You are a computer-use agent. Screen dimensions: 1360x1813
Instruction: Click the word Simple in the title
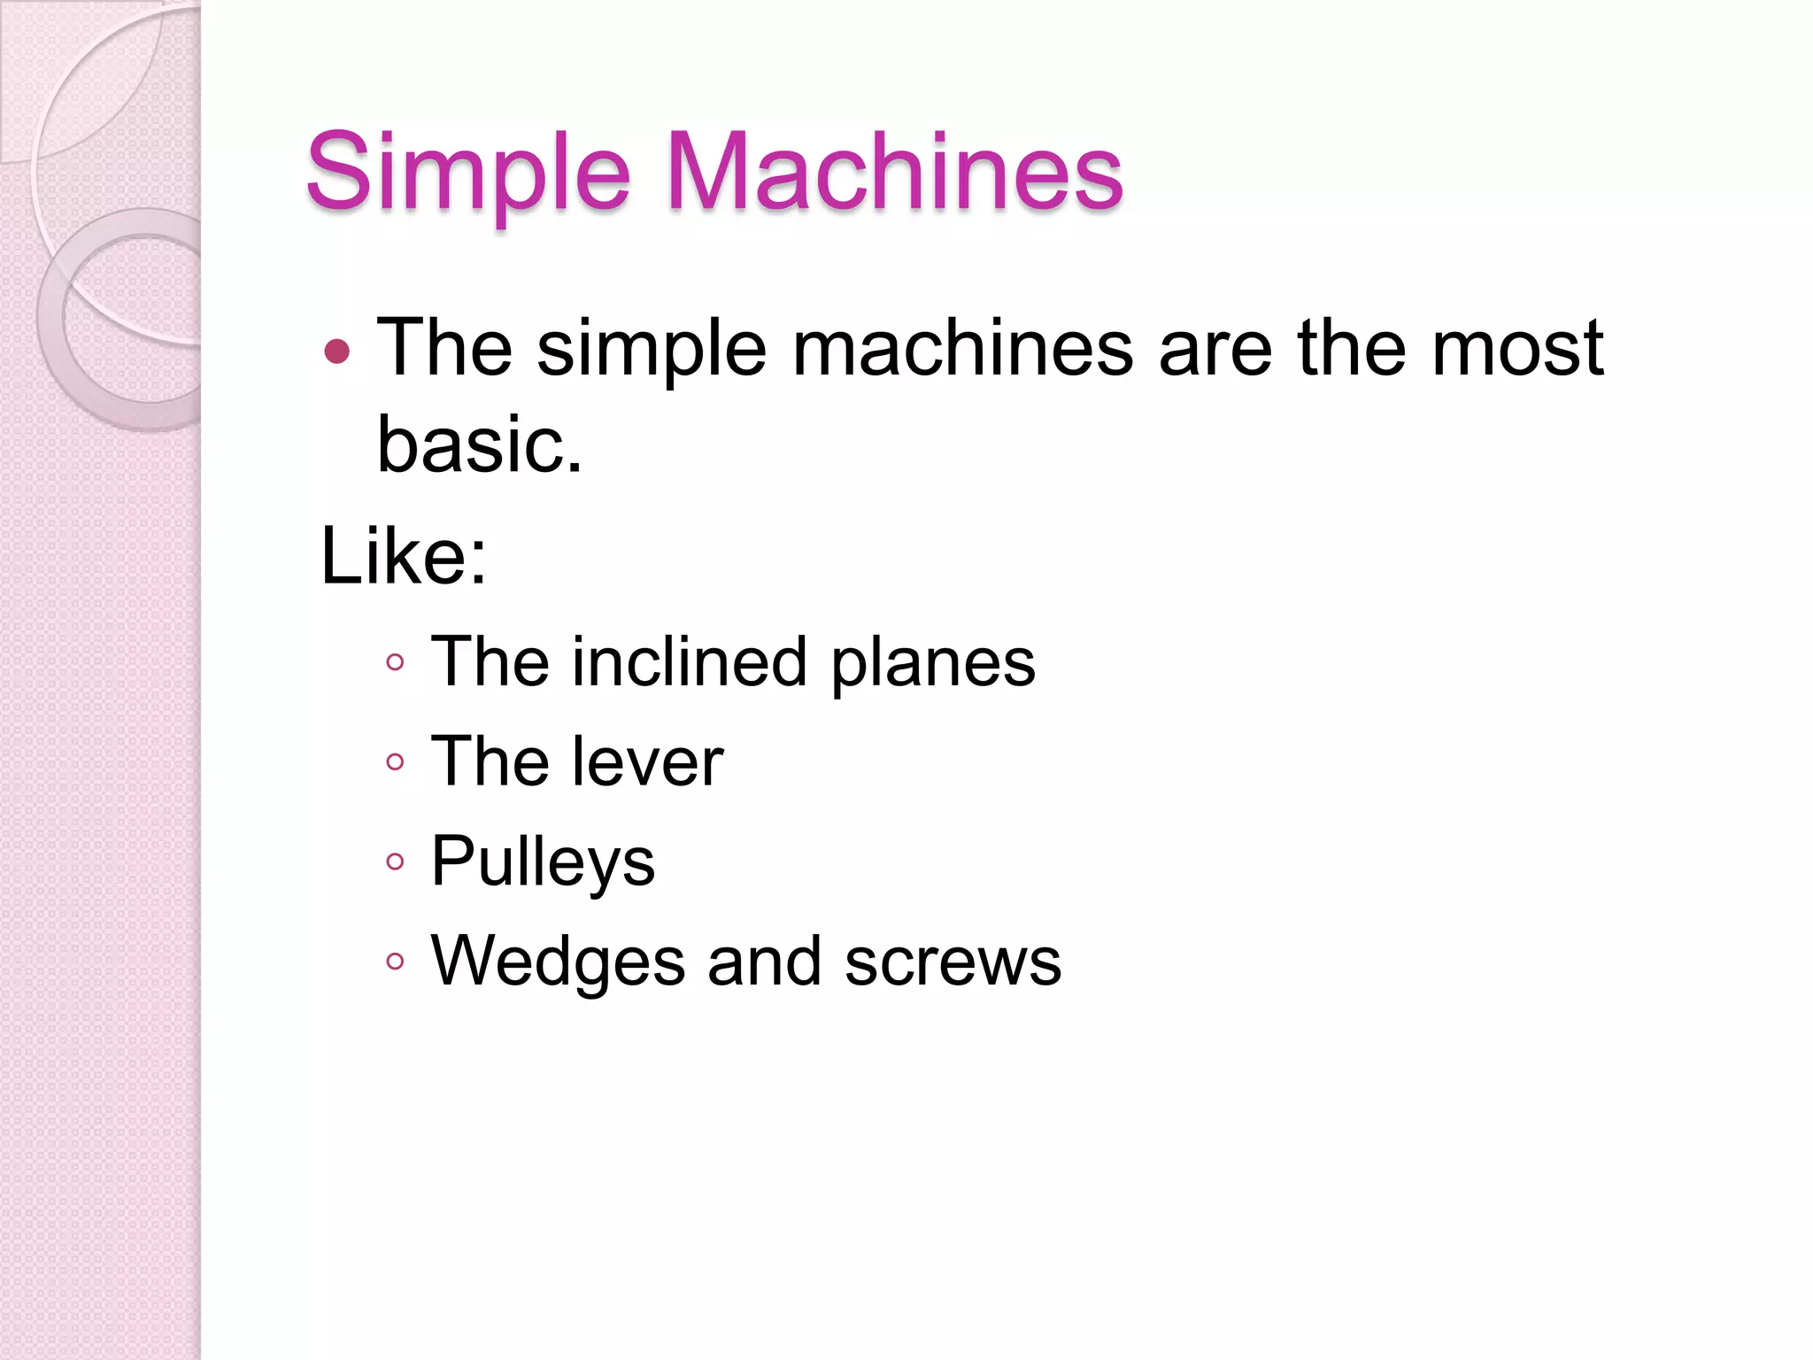[x=467, y=172]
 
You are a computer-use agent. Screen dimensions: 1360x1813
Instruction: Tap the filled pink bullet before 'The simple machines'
[x=337, y=352]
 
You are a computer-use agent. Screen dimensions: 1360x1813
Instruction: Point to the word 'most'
[x=1517, y=348]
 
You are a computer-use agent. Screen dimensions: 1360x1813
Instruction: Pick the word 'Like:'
[x=404, y=556]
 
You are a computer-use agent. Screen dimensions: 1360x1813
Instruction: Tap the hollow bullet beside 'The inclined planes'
[x=396, y=662]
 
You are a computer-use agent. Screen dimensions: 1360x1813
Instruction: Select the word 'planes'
[x=933, y=663]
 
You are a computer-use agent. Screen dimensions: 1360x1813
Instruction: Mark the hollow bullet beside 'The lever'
[x=396, y=762]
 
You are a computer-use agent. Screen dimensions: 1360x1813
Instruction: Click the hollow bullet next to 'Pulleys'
[x=396, y=862]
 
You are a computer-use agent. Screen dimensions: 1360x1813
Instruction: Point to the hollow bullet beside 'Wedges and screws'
[x=396, y=962]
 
